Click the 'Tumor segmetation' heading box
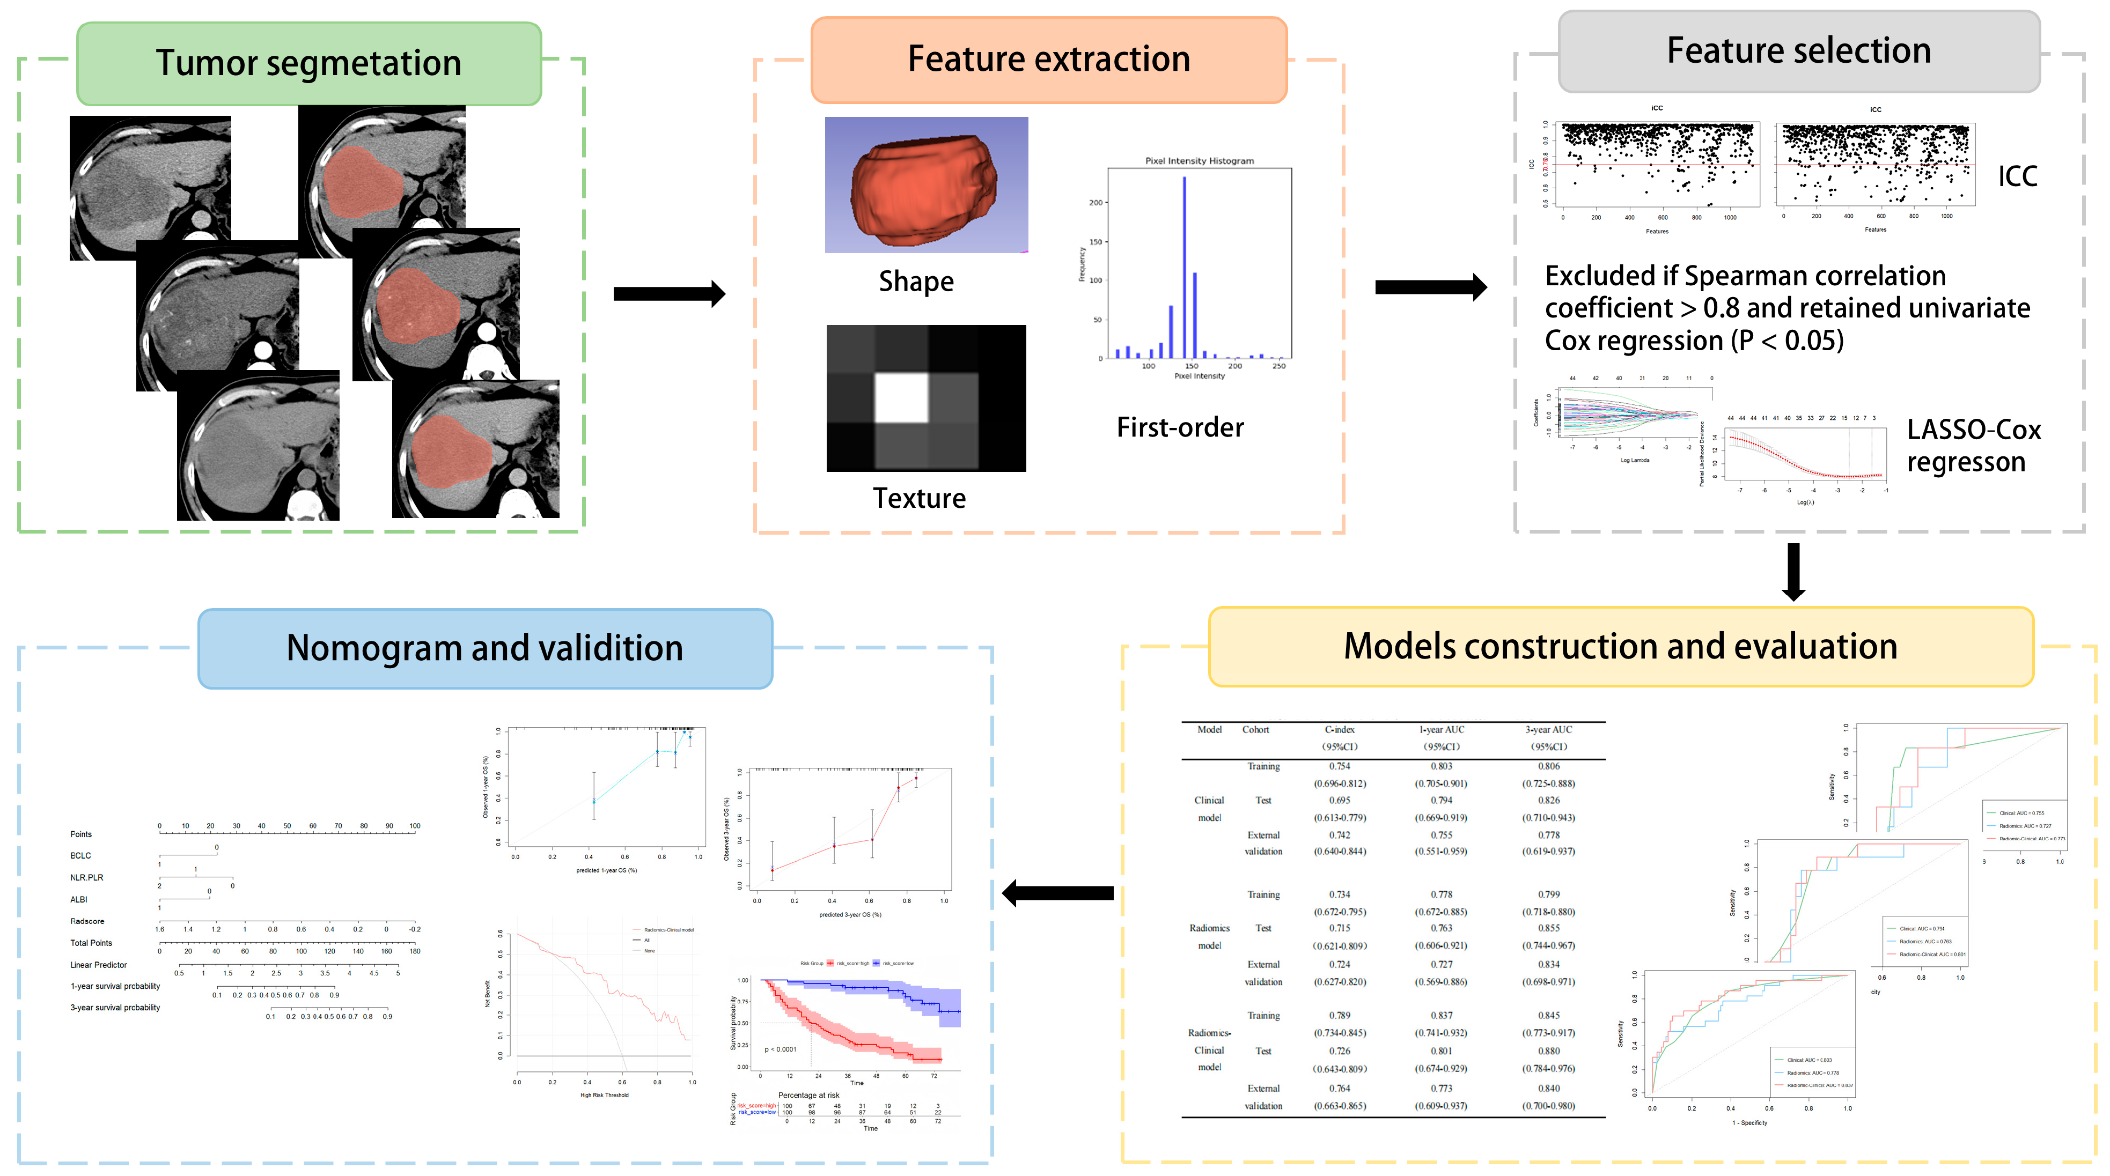coord(309,64)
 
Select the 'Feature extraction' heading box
coord(1048,60)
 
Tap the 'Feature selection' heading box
coord(1799,51)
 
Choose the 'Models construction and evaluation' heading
coord(1620,647)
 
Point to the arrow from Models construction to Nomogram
coord(1057,893)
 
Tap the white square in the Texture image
coord(901,397)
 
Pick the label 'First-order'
coord(1180,427)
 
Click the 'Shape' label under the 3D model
coord(916,282)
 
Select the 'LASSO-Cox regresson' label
coord(1973,446)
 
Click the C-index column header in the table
coord(1339,730)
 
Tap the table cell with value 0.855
coord(1548,928)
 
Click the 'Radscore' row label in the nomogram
coord(87,921)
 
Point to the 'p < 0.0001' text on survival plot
coord(780,1049)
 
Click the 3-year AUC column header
coord(1548,730)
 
